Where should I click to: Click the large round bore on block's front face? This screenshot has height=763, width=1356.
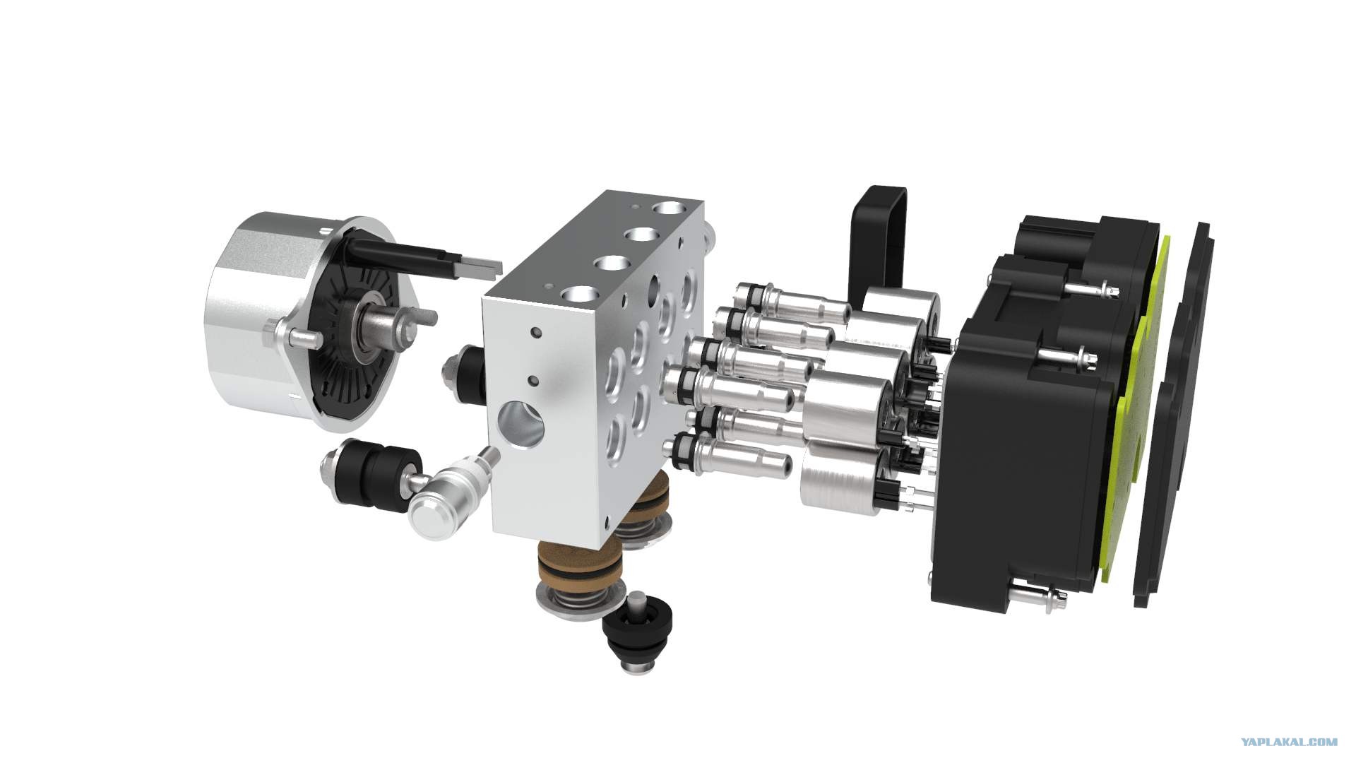tap(522, 427)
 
